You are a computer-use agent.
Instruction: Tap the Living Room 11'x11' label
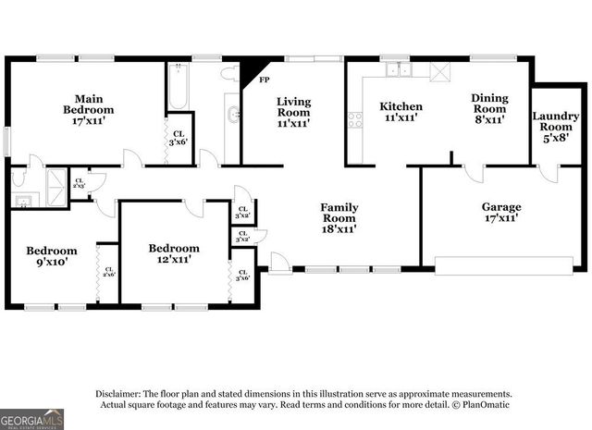point(294,111)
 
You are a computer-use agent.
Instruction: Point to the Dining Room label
point(489,107)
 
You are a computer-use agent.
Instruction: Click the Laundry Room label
point(556,124)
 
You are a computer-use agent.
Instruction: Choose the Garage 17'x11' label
point(500,212)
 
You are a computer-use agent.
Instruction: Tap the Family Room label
point(339,217)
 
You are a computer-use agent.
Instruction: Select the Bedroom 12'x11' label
point(174,254)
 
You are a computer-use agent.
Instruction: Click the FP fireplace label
point(264,80)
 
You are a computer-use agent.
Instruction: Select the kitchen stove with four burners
point(354,118)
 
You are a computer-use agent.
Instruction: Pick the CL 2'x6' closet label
point(108,271)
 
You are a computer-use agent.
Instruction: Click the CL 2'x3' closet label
point(79,183)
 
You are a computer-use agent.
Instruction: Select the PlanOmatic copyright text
point(481,404)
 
